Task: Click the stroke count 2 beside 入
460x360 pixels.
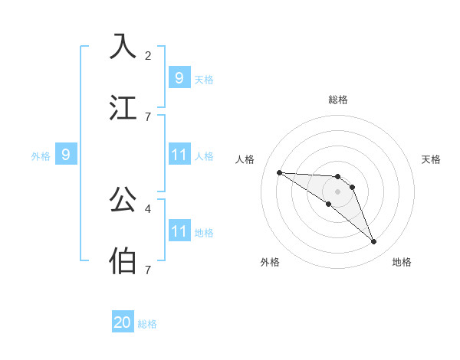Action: click(x=148, y=55)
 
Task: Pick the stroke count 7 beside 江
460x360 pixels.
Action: click(x=148, y=116)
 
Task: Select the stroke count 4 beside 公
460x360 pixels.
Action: click(x=148, y=208)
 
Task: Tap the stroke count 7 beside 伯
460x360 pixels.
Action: click(x=148, y=270)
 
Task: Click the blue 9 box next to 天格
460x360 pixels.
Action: click(x=179, y=78)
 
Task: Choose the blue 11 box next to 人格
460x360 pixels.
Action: click(x=179, y=155)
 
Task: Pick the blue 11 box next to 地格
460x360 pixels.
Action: click(x=179, y=231)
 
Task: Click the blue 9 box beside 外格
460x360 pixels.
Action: click(x=66, y=155)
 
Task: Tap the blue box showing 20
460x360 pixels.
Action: click(x=123, y=322)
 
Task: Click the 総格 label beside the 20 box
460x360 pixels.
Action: click(x=147, y=324)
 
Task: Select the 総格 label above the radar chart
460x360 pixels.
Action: click(x=337, y=100)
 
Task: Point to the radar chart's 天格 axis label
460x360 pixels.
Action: click(x=431, y=159)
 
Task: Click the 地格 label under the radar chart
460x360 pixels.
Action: click(x=402, y=262)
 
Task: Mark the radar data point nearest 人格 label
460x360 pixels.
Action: click(x=279, y=172)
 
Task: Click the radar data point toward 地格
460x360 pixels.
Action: click(x=373, y=242)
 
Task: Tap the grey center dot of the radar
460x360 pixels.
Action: click(x=337, y=191)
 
